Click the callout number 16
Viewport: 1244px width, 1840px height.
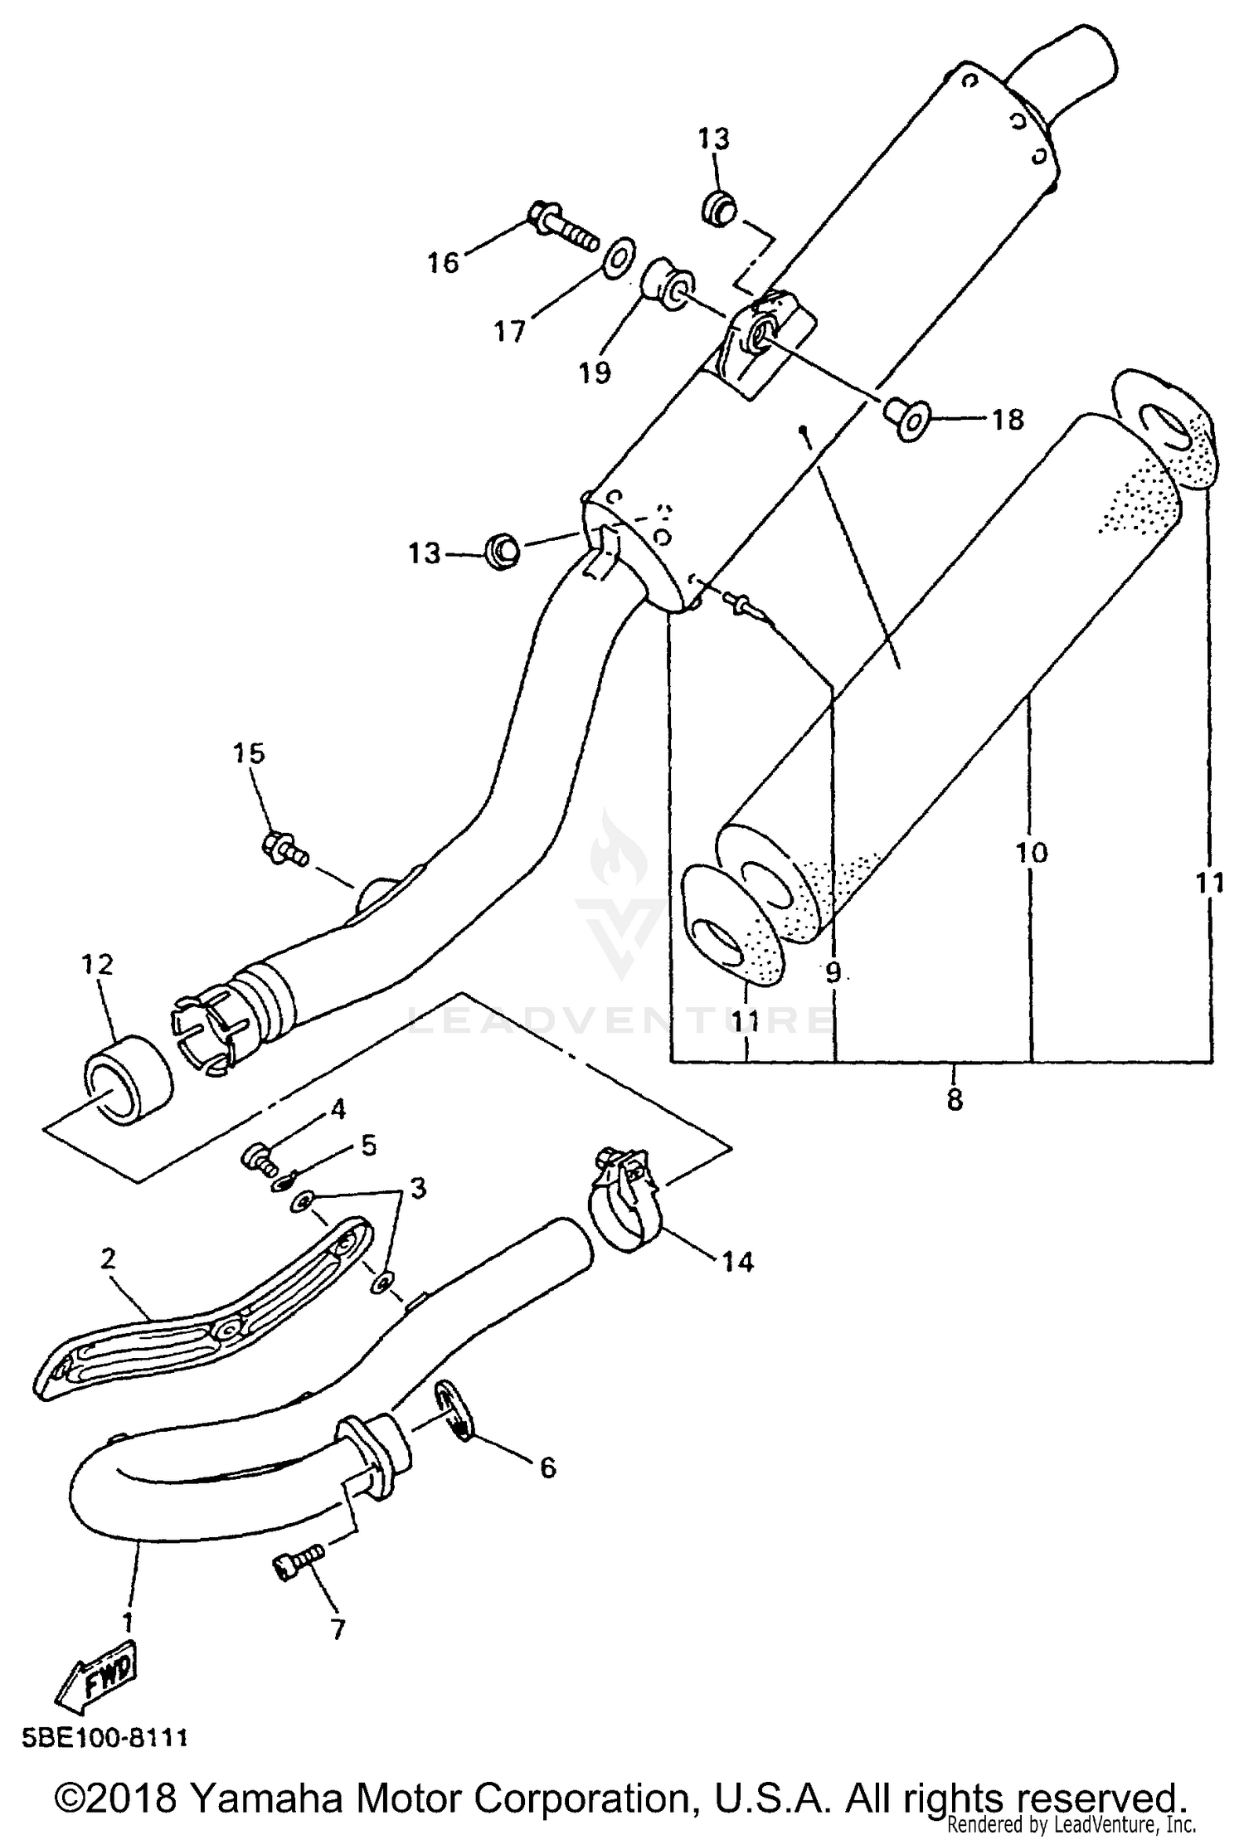point(443,263)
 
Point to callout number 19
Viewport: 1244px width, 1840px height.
point(595,372)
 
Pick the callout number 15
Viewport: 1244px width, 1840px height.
point(249,753)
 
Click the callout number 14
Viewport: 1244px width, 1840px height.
point(737,1262)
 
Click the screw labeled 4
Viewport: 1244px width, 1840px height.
point(258,1158)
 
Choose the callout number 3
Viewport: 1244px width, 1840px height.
point(418,1188)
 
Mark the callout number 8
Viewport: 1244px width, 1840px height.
point(955,1100)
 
